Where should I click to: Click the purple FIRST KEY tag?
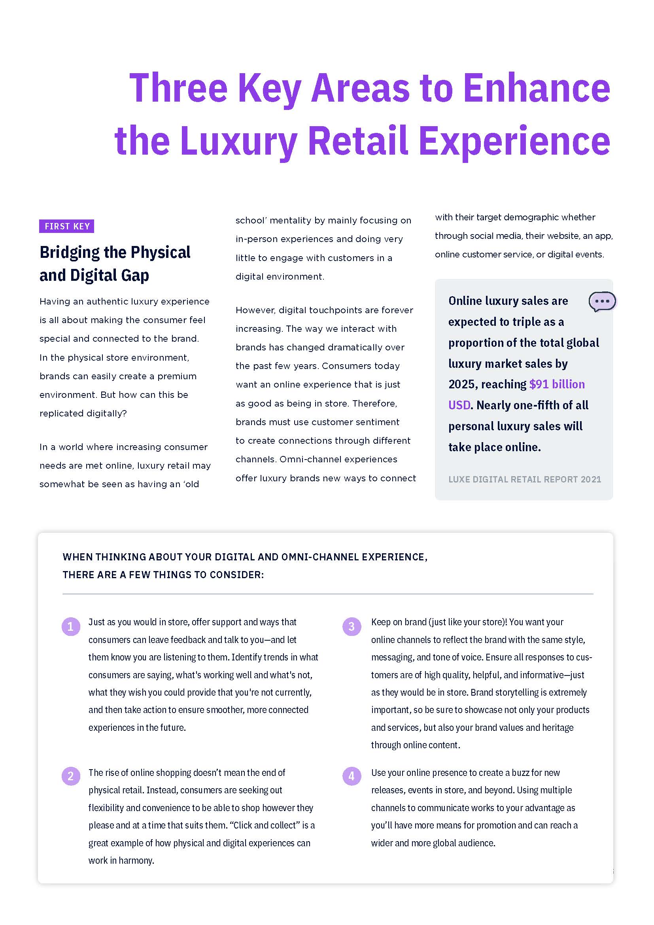[66, 227]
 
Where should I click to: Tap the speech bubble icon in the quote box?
[602, 301]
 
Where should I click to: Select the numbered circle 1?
[70, 626]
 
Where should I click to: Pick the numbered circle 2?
[70, 776]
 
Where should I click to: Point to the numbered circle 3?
[352, 626]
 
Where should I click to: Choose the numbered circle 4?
[352, 776]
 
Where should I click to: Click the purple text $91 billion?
[557, 384]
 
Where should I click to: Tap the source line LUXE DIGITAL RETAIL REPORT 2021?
[524, 479]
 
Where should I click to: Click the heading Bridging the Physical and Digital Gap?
[115, 263]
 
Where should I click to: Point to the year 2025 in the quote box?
[461, 384]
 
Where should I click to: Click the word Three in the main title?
[178, 88]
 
